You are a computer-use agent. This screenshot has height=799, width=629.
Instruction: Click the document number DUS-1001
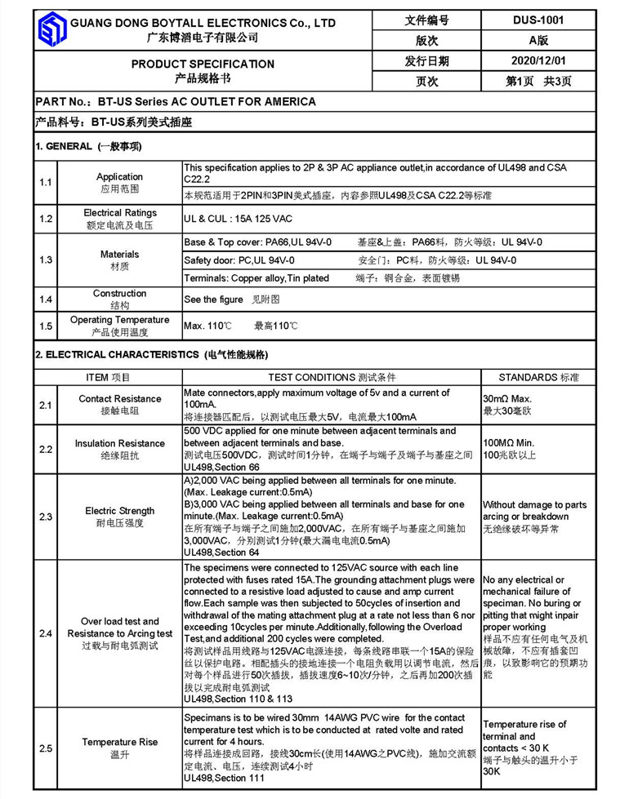(x=539, y=20)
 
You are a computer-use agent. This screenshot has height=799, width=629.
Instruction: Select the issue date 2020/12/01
(x=538, y=61)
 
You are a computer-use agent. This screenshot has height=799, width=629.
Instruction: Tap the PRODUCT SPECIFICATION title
(x=203, y=64)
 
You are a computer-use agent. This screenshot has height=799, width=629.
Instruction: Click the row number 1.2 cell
(x=46, y=219)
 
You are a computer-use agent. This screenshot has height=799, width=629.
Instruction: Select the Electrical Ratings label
(x=120, y=213)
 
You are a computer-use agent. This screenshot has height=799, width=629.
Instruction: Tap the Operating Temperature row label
(x=120, y=320)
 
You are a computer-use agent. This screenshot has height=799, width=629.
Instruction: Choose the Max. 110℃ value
(x=208, y=326)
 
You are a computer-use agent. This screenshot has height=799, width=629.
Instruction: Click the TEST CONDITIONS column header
(x=332, y=377)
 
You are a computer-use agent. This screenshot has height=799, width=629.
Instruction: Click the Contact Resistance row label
(x=120, y=398)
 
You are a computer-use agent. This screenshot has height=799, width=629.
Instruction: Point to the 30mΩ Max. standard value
(x=509, y=398)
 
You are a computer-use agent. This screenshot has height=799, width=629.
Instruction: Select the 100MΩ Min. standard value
(x=511, y=442)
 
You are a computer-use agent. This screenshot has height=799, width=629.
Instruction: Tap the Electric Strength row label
(x=120, y=511)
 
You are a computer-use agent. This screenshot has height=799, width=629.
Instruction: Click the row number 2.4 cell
(x=46, y=633)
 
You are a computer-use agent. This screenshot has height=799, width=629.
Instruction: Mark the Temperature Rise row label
(x=120, y=742)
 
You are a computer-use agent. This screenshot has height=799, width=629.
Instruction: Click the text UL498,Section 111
(x=225, y=779)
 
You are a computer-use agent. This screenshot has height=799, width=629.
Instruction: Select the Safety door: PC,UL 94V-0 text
(x=240, y=260)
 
